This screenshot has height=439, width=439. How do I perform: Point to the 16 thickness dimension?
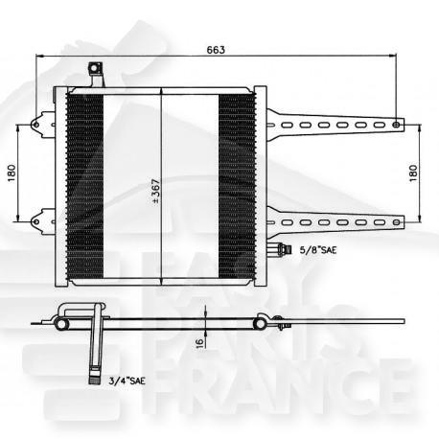197,339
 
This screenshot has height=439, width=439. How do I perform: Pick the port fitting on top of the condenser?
94,72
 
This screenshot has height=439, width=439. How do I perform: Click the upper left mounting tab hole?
37,124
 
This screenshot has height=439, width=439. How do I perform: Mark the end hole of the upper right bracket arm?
398,123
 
